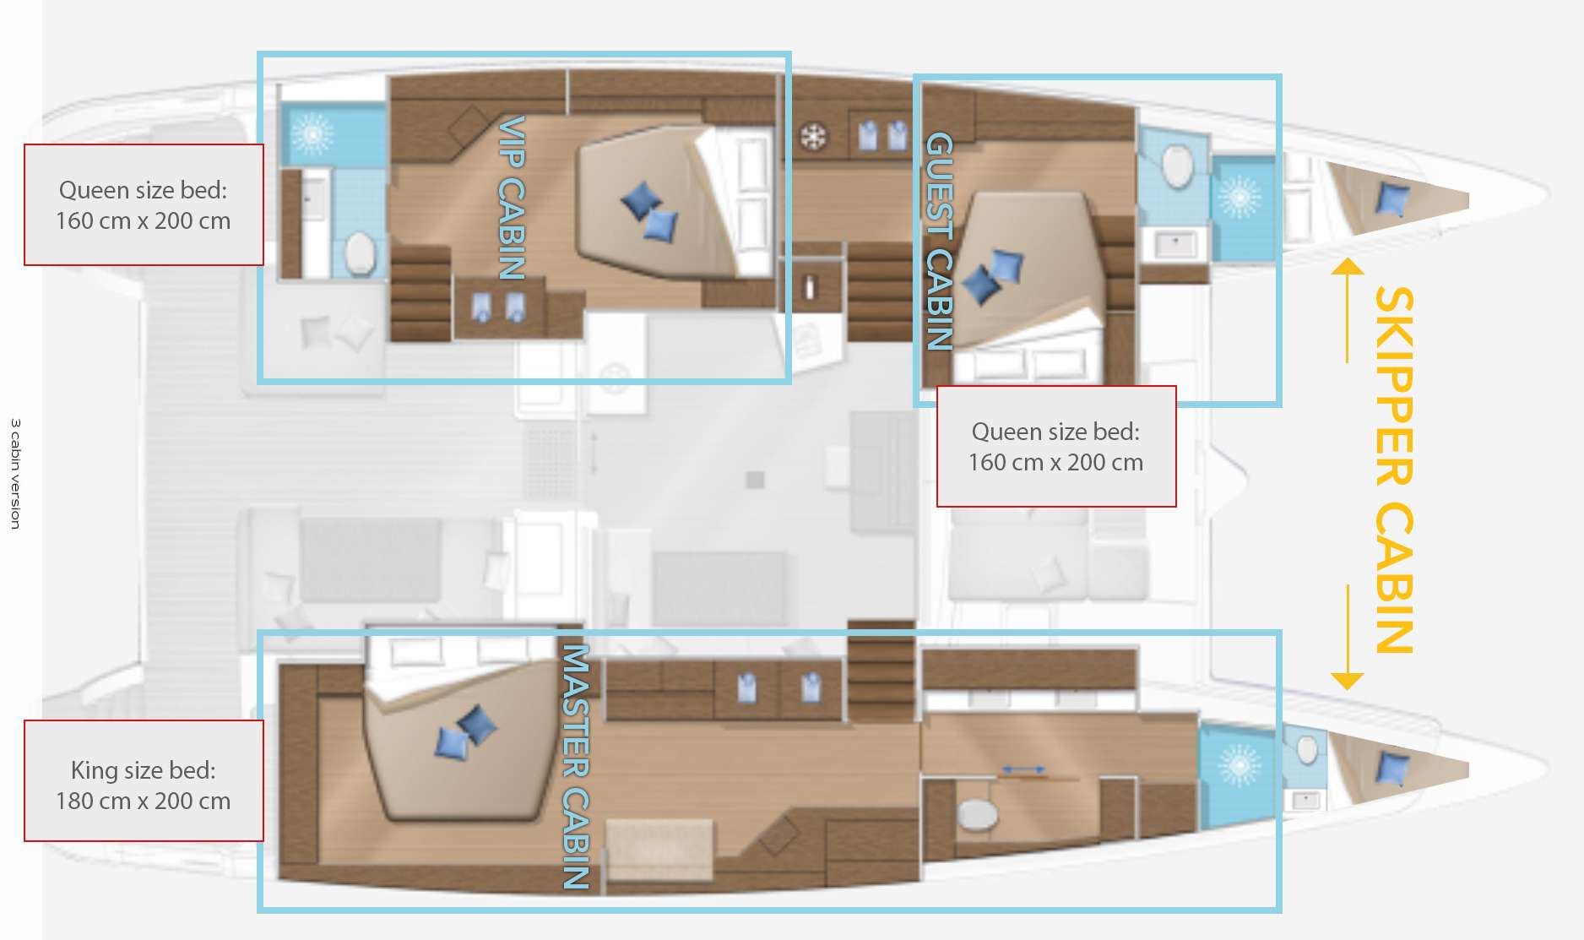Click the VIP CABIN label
512,198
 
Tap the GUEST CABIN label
940,241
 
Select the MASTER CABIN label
575,767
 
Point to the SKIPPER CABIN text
1394,470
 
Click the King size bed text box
144,781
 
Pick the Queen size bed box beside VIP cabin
144,204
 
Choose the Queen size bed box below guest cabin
1056,447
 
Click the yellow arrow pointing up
1347,309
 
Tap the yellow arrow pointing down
1347,638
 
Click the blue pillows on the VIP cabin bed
648,213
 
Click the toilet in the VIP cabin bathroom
361,252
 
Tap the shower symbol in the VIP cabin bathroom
312,133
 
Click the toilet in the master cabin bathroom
978,814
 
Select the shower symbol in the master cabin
1239,766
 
